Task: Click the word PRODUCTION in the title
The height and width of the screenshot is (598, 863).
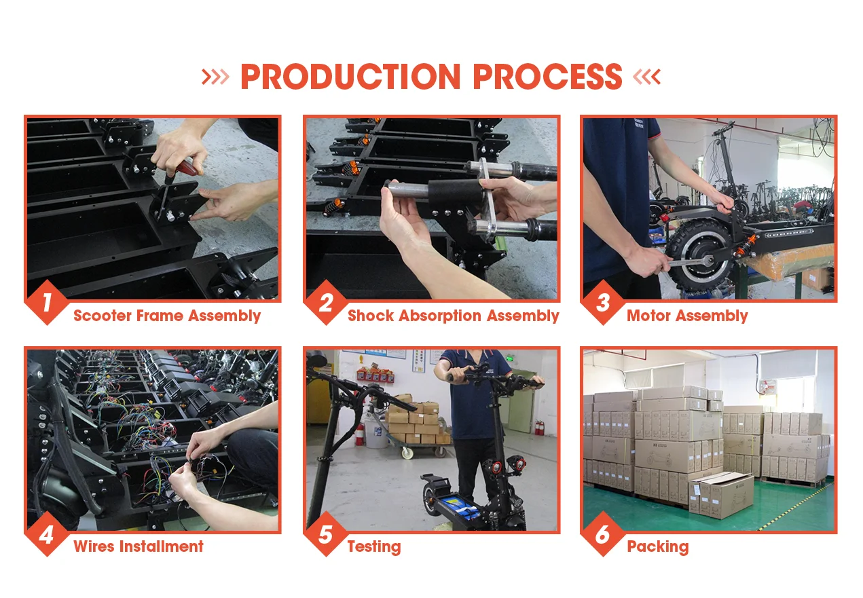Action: click(350, 76)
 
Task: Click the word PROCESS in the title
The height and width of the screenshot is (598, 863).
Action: click(547, 76)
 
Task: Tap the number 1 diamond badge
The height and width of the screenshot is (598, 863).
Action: click(47, 302)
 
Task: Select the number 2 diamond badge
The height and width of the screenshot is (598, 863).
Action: click(326, 302)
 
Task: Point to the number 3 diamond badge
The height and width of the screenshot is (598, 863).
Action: click(603, 302)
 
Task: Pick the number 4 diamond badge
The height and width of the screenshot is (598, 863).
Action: click(47, 534)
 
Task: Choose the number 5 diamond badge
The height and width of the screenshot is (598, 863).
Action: click(326, 534)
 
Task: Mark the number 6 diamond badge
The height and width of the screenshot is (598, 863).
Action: click(603, 534)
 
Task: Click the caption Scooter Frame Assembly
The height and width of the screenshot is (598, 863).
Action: click(167, 316)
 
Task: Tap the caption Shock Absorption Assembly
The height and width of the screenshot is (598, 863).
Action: click(453, 316)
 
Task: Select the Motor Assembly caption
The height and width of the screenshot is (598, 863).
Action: click(687, 316)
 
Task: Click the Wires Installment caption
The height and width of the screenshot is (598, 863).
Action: click(139, 546)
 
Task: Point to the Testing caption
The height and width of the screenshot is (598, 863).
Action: click(374, 547)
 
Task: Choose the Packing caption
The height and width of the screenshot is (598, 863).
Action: click(658, 547)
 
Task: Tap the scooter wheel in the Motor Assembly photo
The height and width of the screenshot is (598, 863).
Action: click(700, 255)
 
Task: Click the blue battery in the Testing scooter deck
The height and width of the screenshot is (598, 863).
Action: click(462, 507)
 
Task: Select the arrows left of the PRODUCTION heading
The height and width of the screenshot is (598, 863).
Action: click(215, 76)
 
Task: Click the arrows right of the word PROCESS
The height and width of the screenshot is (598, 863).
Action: click(647, 76)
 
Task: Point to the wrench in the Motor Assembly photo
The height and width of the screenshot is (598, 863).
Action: click(689, 262)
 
